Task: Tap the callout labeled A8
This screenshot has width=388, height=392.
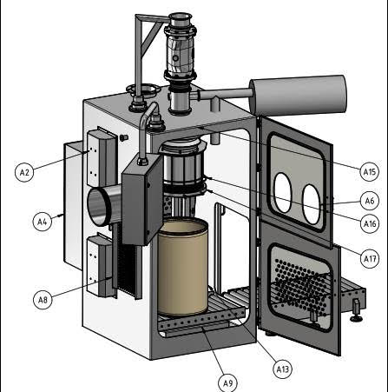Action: (42, 300)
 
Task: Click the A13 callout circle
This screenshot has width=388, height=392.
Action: (282, 369)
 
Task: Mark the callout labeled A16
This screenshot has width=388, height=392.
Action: (369, 224)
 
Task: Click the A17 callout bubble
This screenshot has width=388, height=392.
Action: (369, 258)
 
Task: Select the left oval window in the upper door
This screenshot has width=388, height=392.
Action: (283, 193)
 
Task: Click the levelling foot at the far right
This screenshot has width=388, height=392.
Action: (356, 311)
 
